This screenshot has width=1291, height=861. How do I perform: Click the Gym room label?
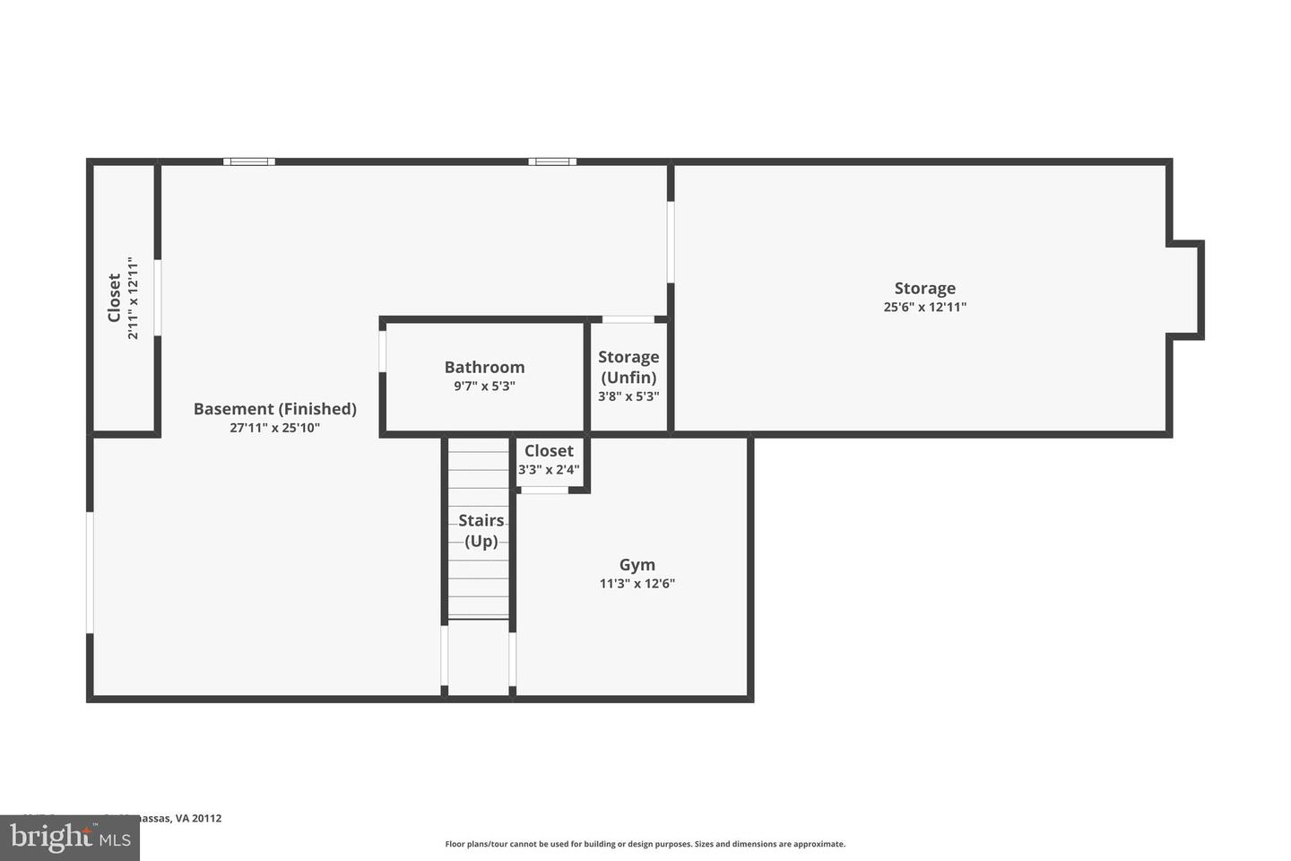pos(637,565)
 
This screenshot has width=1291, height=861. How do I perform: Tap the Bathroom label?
pos(484,367)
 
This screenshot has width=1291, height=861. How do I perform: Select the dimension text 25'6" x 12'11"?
pos(924,307)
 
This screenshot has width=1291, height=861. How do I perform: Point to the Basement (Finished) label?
pos(275,409)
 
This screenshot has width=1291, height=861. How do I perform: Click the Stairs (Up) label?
pos(481,530)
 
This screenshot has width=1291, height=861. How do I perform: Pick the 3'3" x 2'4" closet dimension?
pos(549,469)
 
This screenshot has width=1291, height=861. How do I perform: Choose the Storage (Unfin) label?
pos(628,367)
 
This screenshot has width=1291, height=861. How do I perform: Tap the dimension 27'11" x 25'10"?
pos(275,428)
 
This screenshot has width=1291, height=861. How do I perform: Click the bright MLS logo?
pos(69,838)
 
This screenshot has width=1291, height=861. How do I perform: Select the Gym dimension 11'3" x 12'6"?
pos(637,584)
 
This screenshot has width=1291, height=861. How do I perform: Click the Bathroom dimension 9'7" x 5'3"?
pos(484,387)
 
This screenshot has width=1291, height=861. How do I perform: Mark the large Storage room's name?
pos(924,288)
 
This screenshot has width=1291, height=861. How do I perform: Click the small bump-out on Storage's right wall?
pos(1185,290)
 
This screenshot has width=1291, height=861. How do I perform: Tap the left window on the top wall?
pos(249,161)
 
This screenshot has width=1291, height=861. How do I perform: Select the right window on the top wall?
pos(552,161)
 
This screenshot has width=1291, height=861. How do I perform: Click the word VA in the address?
pos(182,818)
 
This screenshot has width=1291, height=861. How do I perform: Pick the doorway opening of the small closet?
pos(545,490)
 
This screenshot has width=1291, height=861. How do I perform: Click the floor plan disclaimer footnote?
pos(645,844)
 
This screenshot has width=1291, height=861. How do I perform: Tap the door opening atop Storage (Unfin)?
pos(628,319)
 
